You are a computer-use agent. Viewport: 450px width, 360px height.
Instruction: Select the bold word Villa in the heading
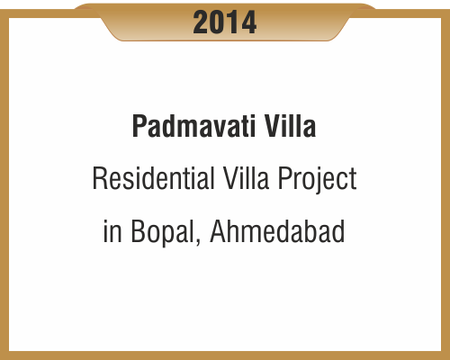290,127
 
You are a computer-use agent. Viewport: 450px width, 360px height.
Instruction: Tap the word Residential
149,180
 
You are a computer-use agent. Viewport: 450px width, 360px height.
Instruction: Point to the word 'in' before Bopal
112,232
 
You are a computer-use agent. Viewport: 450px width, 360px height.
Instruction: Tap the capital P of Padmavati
139,127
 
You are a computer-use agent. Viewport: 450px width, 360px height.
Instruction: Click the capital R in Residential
98,180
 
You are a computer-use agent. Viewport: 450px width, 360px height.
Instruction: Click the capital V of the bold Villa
270,127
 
